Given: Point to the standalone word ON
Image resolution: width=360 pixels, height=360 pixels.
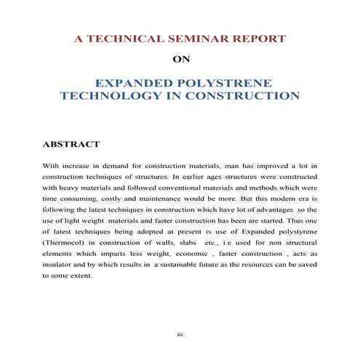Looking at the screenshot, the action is [180, 60].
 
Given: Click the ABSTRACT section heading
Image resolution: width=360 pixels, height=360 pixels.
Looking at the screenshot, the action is [71, 144].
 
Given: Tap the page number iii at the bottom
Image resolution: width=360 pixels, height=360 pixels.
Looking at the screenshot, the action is [180, 334].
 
